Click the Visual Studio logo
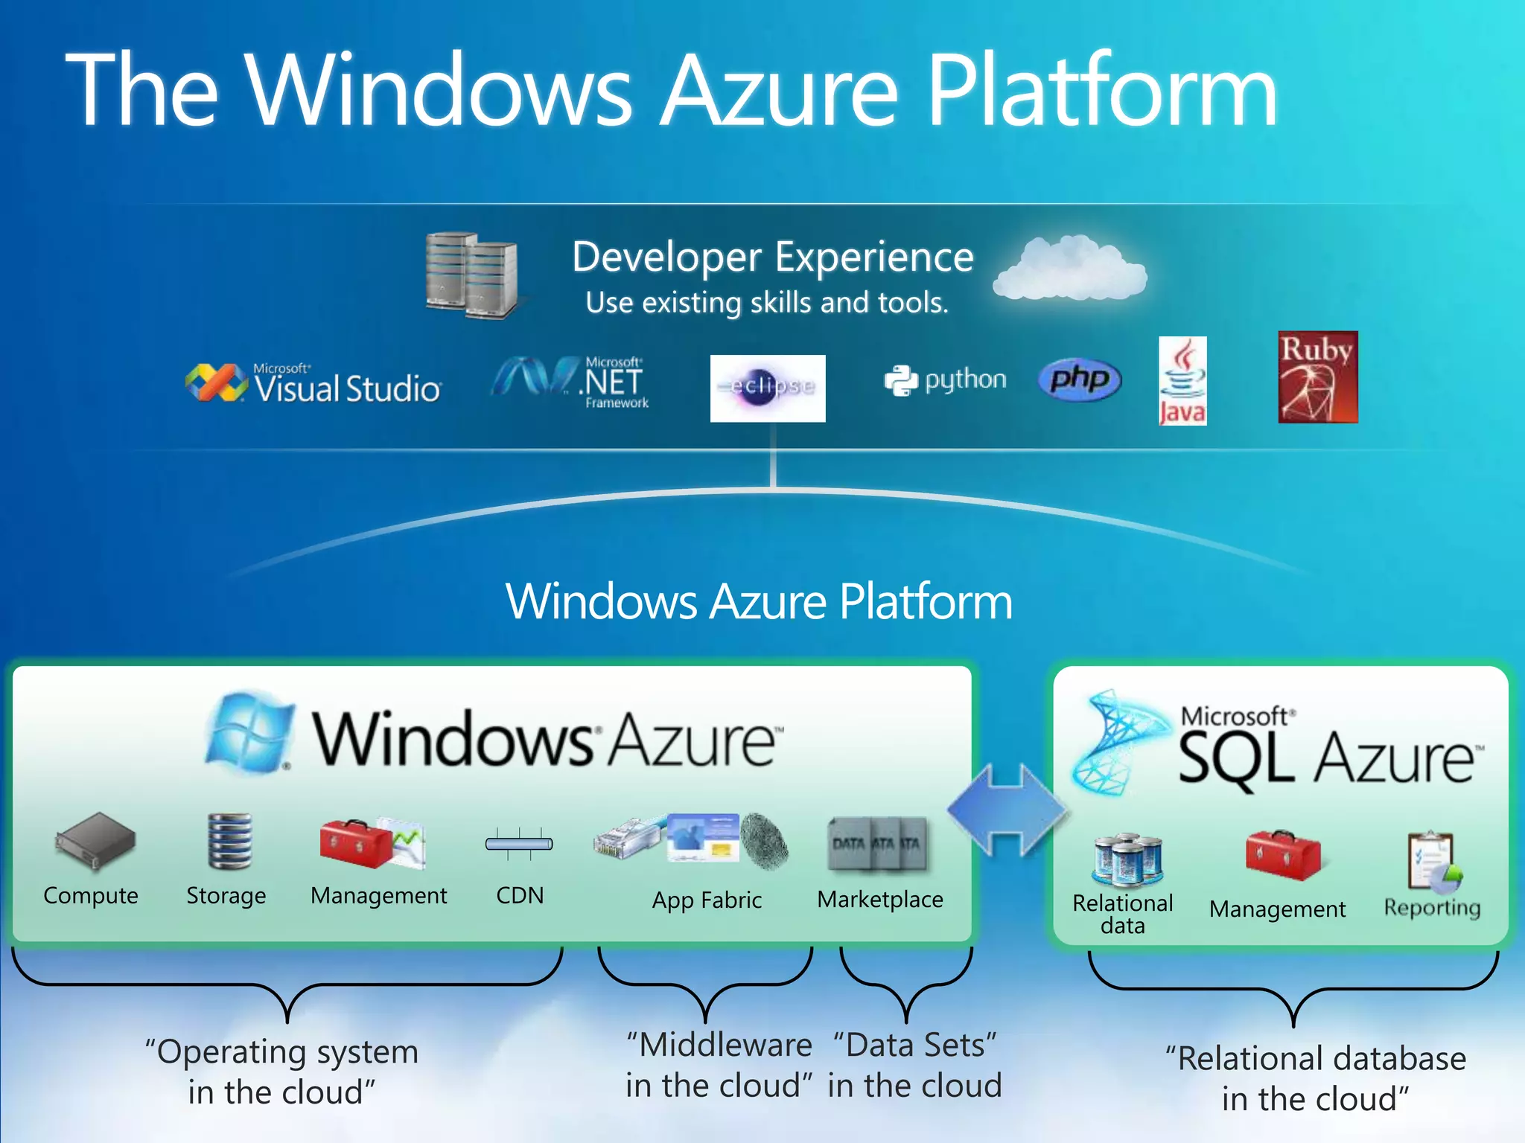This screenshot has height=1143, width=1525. (313, 384)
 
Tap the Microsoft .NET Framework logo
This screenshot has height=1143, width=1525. (570, 382)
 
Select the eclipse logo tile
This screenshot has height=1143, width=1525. (768, 388)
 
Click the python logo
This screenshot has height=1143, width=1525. (945, 380)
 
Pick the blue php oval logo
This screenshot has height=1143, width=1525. (1080, 380)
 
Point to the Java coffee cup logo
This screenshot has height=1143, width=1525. (1182, 381)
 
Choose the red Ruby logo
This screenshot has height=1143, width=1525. (1318, 377)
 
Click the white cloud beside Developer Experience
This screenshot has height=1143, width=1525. (1070, 269)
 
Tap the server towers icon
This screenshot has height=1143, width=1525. (471, 275)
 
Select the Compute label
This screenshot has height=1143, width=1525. (91, 895)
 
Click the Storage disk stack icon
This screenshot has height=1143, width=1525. (229, 842)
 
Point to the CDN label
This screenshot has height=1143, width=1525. (520, 895)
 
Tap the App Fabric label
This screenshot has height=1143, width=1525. (707, 900)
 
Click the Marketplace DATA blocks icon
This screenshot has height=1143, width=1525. (878, 844)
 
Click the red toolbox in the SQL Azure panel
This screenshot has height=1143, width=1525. (1282, 856)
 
